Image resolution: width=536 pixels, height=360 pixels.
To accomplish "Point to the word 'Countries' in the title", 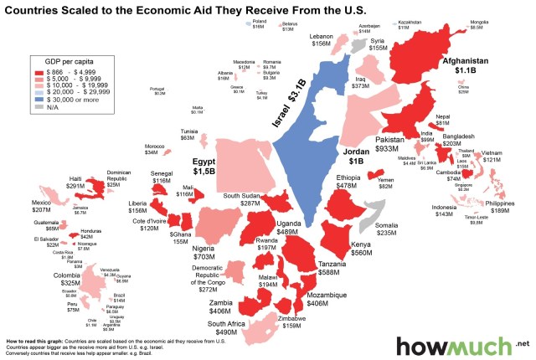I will (x=34, y=9).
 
